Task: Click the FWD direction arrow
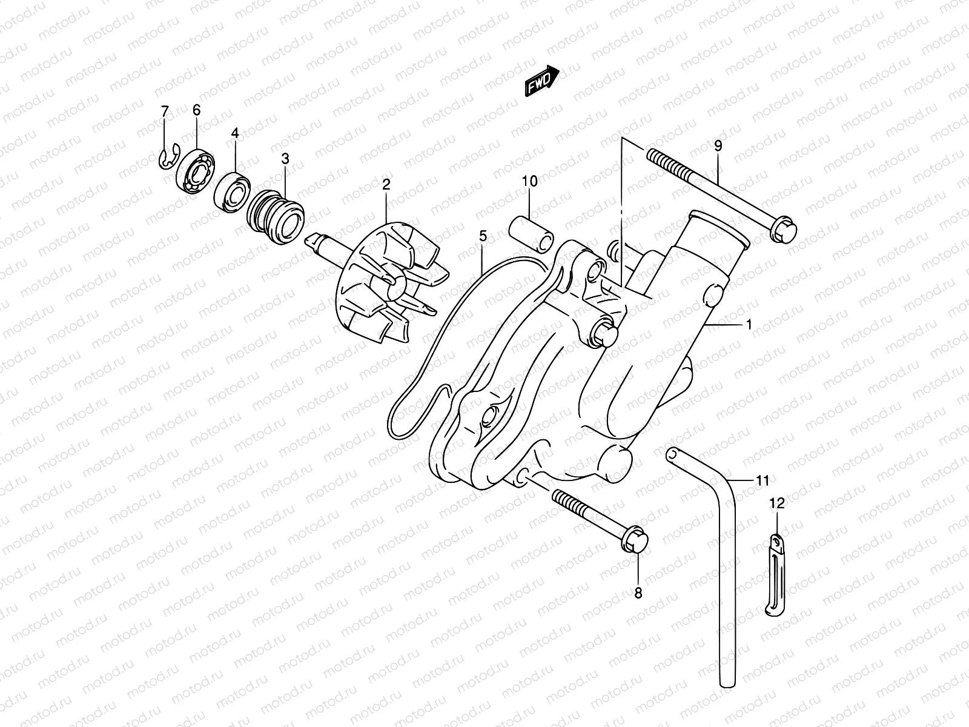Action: [x=541, y=81]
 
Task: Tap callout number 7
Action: [x=165, y=111]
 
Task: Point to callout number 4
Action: [x=235, y=133]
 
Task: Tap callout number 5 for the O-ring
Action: [x=483, y=236]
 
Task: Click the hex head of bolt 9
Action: [x=782, y=231]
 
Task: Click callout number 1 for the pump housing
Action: [x=749, y=325]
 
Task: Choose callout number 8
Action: [x=638, y=593]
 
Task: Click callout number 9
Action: [x=718, y=145]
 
